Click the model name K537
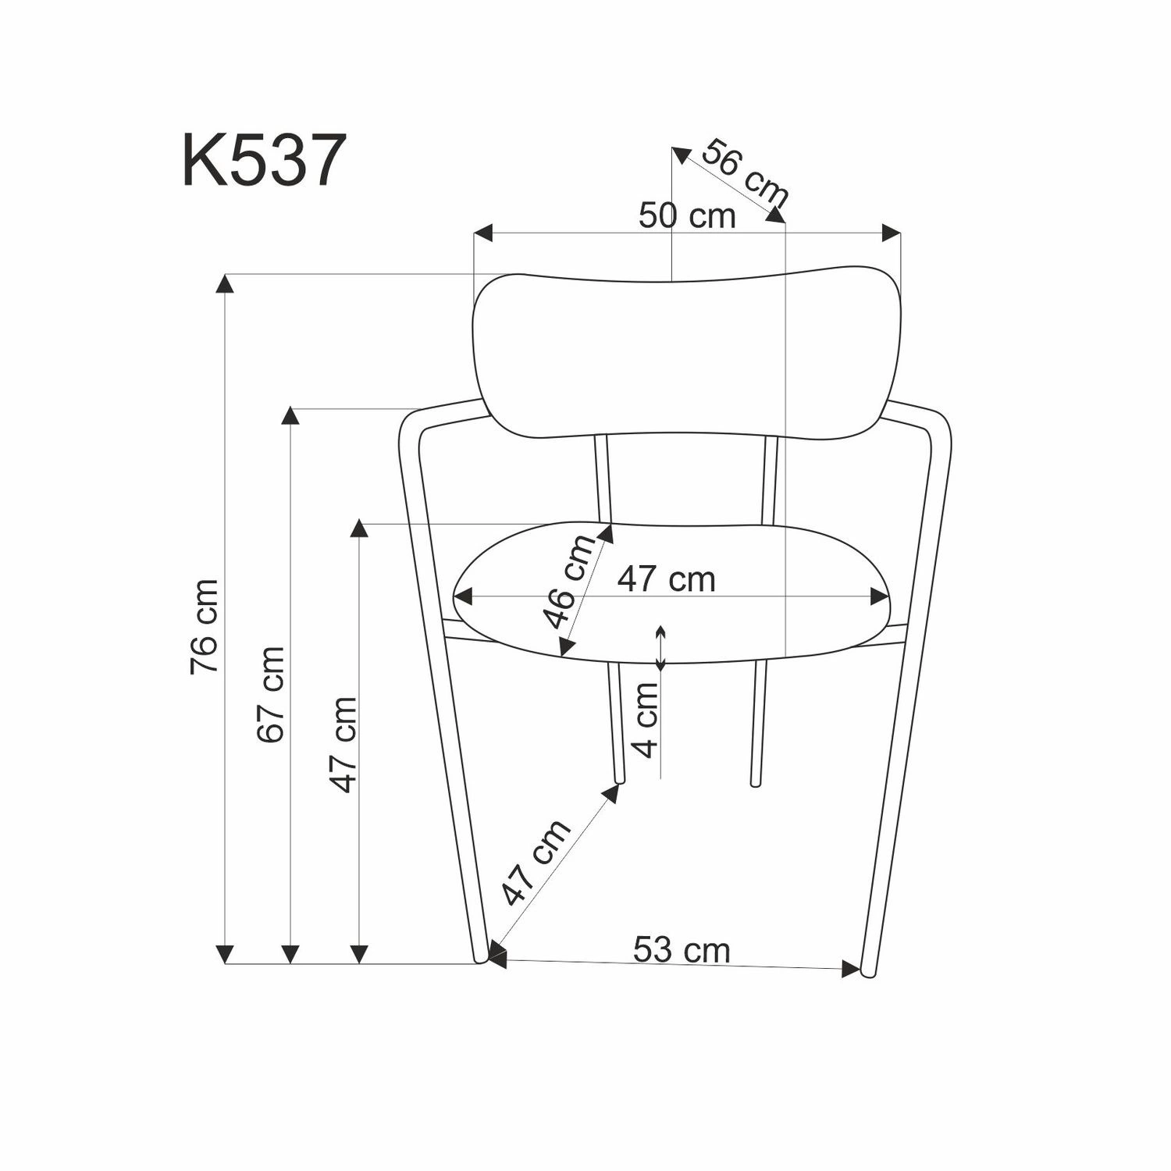click(264, 160)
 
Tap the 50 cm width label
click(687, 216)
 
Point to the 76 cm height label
click(204, 627)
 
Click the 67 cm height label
click(270, 694)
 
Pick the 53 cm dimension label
click(682, 950)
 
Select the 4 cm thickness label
click(646, 720)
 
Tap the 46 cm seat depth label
click(571, 582)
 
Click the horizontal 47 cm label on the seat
click(666, 579)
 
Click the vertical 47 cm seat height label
click(343, 745)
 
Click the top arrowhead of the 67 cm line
click(290, 416)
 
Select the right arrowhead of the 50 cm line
click(892, 233)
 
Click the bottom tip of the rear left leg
click(620, 780)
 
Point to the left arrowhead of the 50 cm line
click(484, 233)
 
